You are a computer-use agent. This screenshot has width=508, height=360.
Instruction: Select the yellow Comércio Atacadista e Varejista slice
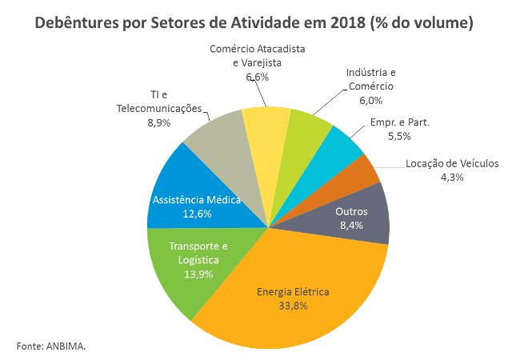(266, 124)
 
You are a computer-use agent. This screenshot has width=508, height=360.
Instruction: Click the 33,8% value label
(293, 306)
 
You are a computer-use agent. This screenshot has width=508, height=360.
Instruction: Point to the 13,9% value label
(198, 273)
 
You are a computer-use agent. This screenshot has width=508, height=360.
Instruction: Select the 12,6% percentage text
(196, 214)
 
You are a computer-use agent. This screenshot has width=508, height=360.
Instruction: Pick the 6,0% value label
(370, 100)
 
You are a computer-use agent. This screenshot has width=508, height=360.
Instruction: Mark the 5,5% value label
(399, 137)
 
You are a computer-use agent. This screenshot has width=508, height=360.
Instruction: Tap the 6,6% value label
(257, 77)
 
